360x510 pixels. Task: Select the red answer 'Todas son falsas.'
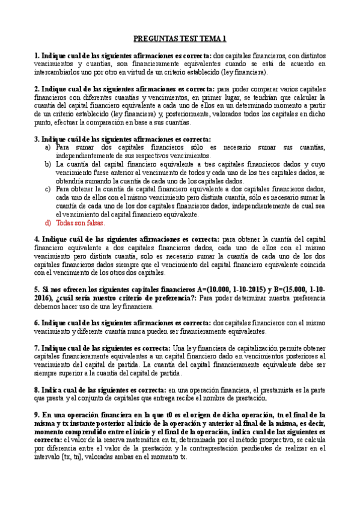(x=80, y=223)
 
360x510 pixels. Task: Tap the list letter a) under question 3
(x=47, y=147)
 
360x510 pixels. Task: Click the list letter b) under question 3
(x=47, y=164)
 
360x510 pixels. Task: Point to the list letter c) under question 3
(x=47, y=189)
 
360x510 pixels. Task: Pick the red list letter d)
(x=47, y=223)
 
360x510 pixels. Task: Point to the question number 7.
(x=36, y=348)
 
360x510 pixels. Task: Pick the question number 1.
(x=36, y=55)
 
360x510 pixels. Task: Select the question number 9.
(x=36, y=414)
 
